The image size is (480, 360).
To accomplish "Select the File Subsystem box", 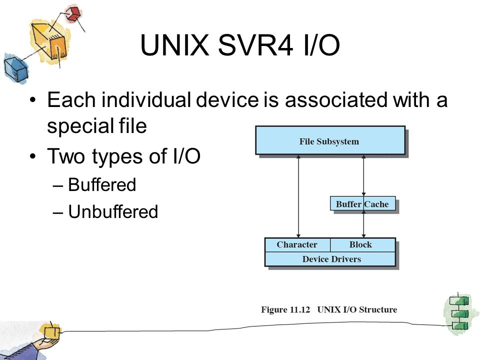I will click(329, 140).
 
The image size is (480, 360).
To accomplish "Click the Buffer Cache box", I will click(362, 204).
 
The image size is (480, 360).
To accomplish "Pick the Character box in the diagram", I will click(297, 244).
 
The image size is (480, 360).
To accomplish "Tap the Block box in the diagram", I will click(361, 244).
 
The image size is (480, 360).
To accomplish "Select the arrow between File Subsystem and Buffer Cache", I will click(363, 175).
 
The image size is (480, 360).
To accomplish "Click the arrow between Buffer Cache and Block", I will click(363, 224).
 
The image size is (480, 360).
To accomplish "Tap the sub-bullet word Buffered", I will click(102, 185).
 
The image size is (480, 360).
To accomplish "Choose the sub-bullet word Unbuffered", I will click(113, 212).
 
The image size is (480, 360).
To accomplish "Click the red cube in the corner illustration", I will click(73, 13).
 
